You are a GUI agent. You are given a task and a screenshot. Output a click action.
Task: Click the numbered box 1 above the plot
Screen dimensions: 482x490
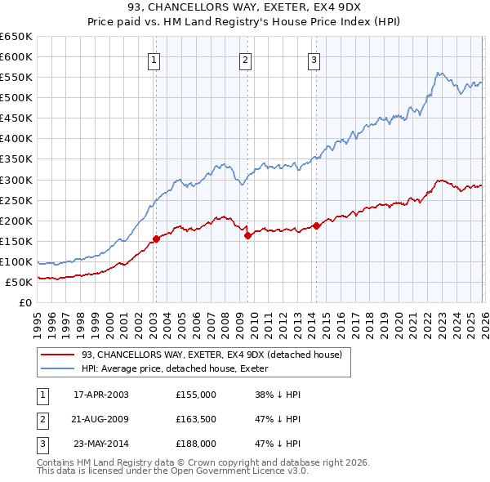154,59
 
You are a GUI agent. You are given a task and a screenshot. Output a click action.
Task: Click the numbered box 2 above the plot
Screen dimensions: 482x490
245,59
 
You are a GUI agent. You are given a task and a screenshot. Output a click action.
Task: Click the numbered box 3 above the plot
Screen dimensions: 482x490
314,59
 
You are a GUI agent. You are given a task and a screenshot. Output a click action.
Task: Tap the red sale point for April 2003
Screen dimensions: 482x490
155,239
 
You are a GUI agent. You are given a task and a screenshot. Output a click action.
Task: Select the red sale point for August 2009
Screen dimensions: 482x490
247,235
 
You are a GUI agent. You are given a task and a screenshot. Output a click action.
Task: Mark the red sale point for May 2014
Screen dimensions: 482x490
315,225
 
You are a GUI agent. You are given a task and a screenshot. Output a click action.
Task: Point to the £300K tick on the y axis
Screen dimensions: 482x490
17,180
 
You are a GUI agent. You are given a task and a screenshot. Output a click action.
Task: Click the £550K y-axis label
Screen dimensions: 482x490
17,78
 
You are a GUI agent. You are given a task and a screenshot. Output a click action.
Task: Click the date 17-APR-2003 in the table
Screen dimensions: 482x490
101,395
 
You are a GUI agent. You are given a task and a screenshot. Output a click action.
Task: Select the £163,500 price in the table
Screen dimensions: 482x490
196,419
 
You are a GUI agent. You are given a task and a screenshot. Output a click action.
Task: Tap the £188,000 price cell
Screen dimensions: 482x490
196,444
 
